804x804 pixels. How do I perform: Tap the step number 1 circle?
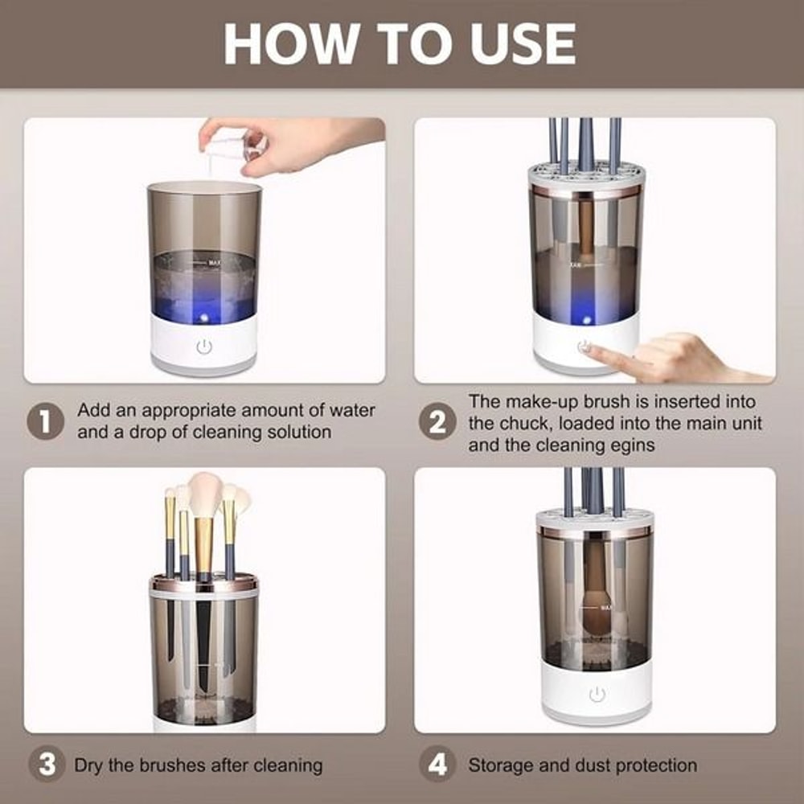(47, 421)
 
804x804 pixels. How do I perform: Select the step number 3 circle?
(47, 765)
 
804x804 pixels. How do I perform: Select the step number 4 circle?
(437, 765)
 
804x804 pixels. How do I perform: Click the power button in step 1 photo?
(204, 347)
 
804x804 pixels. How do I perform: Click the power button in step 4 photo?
(596, 695)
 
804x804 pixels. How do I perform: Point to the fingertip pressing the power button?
(589, 347)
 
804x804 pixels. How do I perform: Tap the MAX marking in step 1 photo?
(214, 262)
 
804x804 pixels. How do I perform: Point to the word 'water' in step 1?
(352, 410)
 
